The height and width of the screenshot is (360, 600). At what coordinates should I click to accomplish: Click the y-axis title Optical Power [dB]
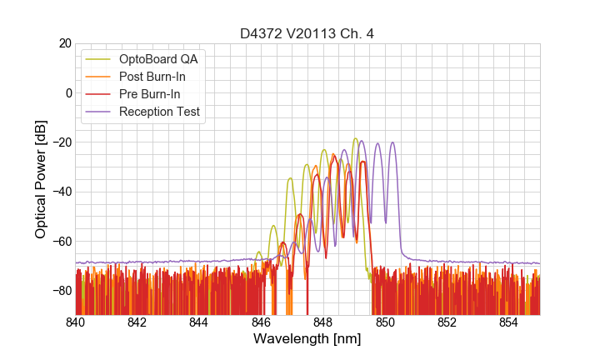[41, 179]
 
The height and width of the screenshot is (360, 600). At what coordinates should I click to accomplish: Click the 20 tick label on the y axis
[63, 43]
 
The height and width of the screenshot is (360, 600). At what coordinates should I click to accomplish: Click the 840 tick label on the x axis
[76, 322]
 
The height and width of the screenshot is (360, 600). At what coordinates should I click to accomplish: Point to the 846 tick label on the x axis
[262, 322]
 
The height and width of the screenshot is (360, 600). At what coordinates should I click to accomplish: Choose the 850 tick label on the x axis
[385, 322]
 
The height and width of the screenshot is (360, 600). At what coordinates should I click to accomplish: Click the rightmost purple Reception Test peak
[392, 143]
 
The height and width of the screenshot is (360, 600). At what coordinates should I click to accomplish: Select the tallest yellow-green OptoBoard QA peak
[355, 139]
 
